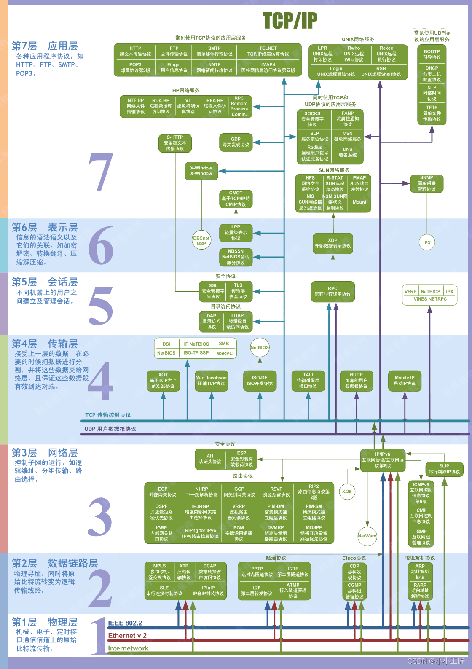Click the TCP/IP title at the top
click(x=290, y=20)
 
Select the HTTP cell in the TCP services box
click(x=135, y=51)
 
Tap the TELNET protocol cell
click(x=268, y=51)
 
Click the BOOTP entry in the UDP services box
click(x=432, y=54)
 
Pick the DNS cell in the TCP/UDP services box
click(x=347, y=152)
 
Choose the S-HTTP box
click(x=174, y=143)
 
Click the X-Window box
click(x=201, y=171)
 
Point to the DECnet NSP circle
click(x=201, y=241)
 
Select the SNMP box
click(x=426, y=183)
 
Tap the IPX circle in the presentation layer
click(x=427, y=243)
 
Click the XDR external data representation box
click(x=333, y=243)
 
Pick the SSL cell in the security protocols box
click(x=213, y=291)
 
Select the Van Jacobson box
click(x=211, y=381)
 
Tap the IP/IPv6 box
click(x=383, y=460)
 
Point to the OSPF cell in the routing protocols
click(x=161, y=512)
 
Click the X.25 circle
click(x=347, y=492)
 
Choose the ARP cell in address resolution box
click(x=420, y=572)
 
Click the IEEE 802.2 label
click(x=125, y=623)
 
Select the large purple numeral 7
click(x=101, y=172)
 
